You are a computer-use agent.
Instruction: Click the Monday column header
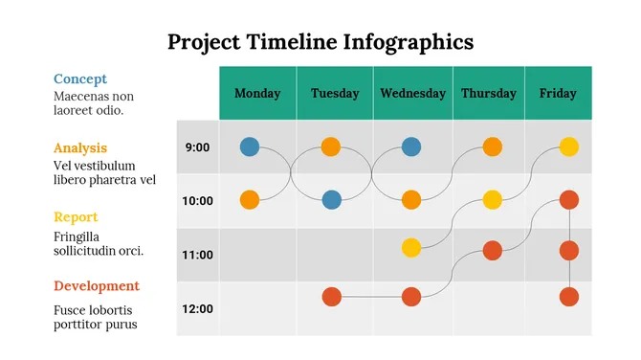coord(257,93)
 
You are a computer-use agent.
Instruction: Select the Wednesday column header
coord(412,93)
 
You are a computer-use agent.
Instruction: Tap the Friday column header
coord(558,93)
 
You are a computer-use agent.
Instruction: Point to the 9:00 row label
coord(197,147)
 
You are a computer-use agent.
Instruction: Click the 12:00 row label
coord(197,309)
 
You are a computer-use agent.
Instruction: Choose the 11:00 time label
coord(197,255)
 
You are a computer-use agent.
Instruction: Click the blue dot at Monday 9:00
coord(250,146)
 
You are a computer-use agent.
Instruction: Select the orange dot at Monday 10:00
coord(250,200)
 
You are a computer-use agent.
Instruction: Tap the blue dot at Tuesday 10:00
coord(331,200)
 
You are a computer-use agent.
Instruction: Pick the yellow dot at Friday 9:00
coord(568,146)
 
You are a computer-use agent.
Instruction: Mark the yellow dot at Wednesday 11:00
coord(411,248)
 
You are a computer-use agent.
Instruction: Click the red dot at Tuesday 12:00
coord(331,297)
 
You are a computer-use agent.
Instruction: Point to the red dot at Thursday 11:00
coord(493,251)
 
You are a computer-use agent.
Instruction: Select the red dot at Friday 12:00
coord(568,297)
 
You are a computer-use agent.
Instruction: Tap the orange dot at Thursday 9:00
coord(493,146)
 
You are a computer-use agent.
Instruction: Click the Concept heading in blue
coord(80,79)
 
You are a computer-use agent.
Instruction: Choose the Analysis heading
coord(80,148)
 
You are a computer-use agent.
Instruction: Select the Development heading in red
coord(97,286)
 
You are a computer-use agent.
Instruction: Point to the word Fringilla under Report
coord(77,236)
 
